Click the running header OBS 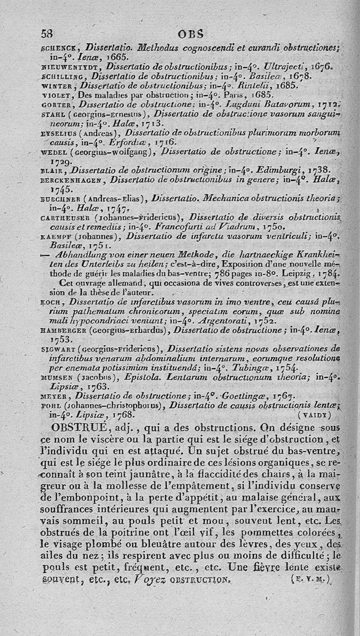(191, 33)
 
